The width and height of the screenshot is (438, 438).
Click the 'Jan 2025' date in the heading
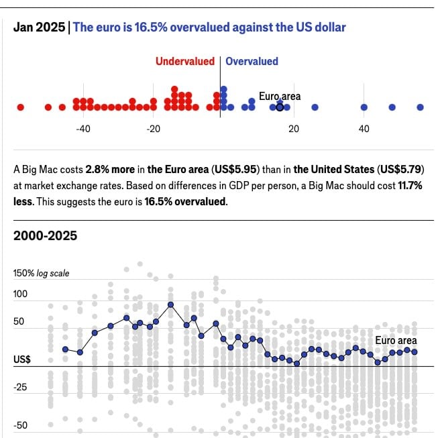[x=39, y=28]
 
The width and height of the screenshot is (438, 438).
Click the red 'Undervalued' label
[x=185, y=61]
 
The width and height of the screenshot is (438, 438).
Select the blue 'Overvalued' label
[x=252, y=61]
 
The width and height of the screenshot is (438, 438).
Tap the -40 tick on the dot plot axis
[x=83, y=129]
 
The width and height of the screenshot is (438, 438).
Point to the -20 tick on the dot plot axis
[x=154, y=129]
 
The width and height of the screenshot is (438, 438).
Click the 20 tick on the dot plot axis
[x=293, y=129]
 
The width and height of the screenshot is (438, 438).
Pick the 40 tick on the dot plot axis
[x=364, y=129]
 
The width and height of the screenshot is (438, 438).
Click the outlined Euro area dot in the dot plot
[x=280, y=107]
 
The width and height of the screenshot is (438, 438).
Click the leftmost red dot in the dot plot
[x=20, y=107]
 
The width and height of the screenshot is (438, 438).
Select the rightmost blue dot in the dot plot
[x=420, y=107]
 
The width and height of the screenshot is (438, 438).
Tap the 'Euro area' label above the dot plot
[x=280, y=97]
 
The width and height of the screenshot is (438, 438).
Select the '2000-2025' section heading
[x=45, y=235]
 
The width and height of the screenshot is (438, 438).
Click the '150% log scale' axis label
[x=41, y=274]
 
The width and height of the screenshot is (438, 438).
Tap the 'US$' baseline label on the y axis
[x=21, y=360]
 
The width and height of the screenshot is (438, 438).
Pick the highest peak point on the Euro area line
[x=171, y=304]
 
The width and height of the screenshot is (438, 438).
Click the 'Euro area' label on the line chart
[x=396, y=341]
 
